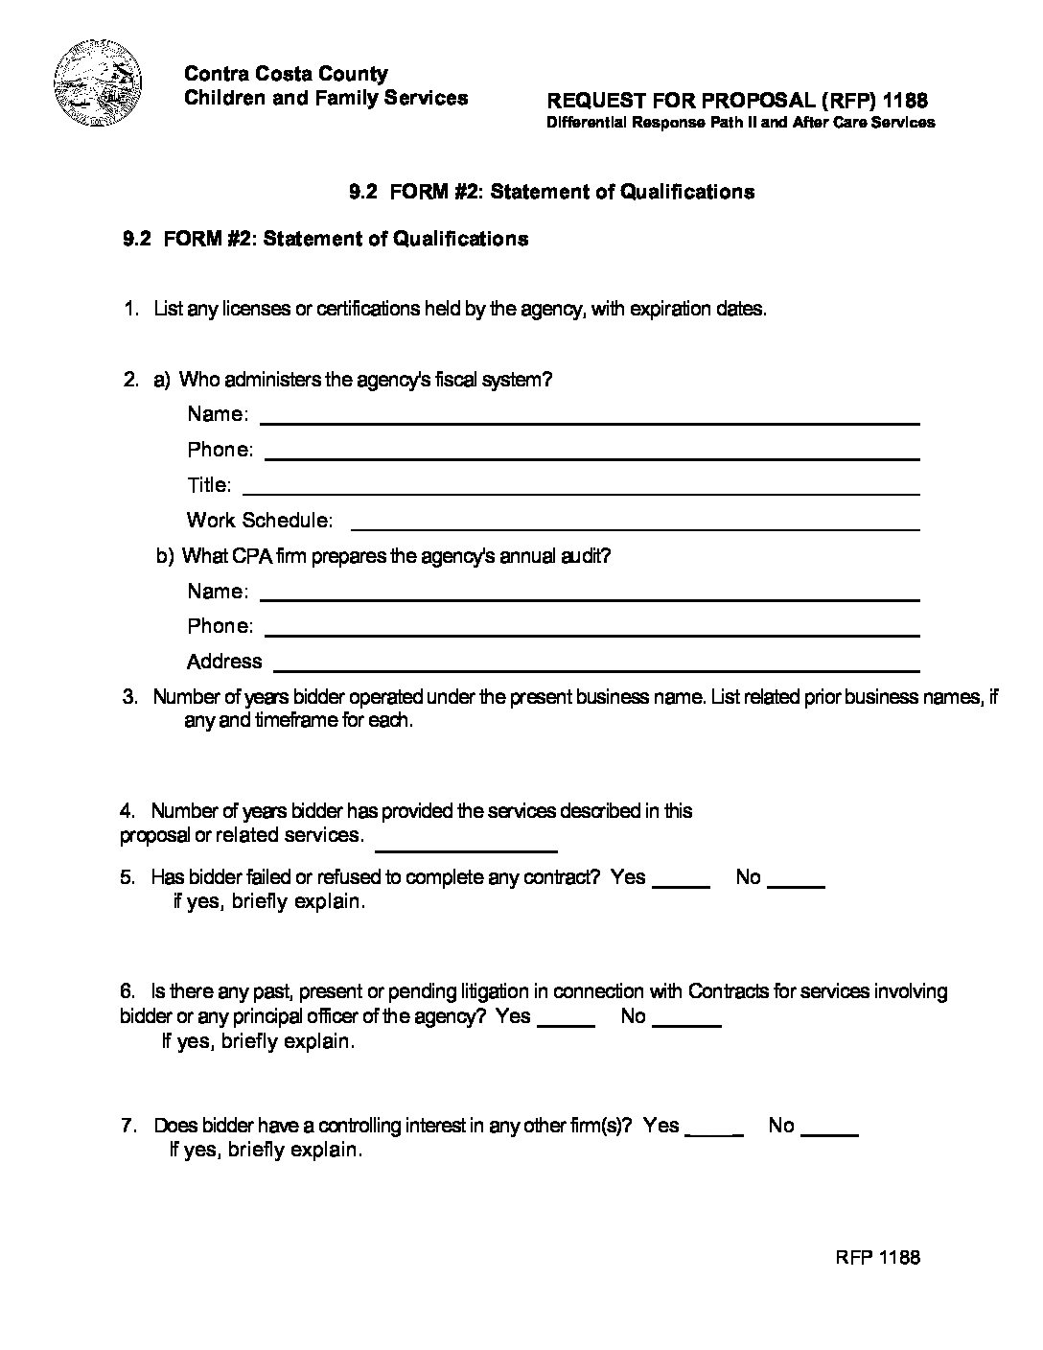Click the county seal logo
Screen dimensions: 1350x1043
coord(98,84)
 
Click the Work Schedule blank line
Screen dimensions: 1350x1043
coord(636,528)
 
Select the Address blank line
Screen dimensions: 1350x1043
coord(597,669)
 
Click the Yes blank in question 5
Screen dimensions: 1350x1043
coord(681,887)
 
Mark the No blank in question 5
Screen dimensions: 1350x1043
coord(797,887)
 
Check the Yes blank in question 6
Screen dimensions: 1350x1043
coord(567,1026)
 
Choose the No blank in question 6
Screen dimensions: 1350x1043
coord(685,1026)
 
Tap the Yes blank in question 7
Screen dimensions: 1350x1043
coord(715,1135)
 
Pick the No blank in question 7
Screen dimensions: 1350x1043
coord(828,1135)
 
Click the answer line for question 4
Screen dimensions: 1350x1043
coord(466,850)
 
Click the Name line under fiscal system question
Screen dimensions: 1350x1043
coord(590,422)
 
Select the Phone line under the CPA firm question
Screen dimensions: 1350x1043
coord(591,634)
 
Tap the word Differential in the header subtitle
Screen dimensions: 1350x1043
coord(586,123)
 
